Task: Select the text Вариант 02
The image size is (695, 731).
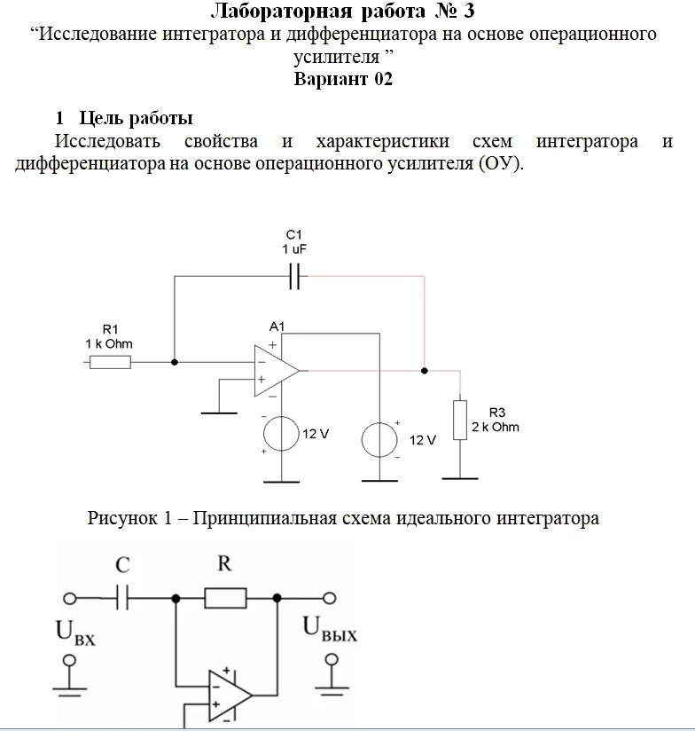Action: [x=343, y=79]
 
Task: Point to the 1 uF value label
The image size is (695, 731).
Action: [x=294, y=249]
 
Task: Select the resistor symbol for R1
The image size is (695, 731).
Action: [x=110, y=362]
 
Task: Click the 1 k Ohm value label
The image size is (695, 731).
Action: [x=110, y=343]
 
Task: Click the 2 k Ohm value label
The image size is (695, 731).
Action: [x=495, y=427]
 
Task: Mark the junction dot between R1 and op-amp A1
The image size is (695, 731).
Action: [x=175, y=362]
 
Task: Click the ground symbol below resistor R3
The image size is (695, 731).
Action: [x=460, y=477]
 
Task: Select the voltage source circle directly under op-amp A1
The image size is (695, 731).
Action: [x=282, y=435]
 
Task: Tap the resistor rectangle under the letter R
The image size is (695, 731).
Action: [x=225, y=598]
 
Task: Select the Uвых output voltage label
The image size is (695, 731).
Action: [x=331, y=630]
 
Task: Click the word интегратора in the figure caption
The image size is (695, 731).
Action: [x=547, y=518]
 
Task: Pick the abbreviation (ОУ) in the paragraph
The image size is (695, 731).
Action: [x=501, y=165]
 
